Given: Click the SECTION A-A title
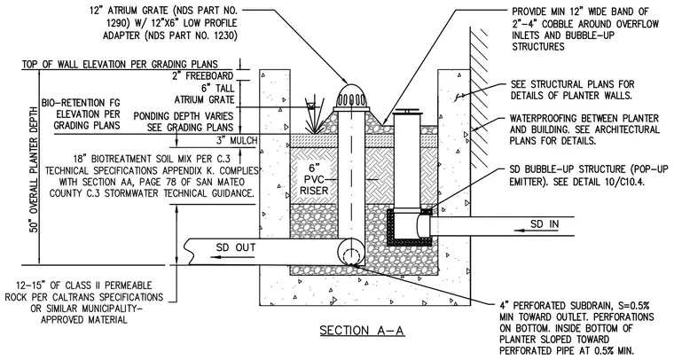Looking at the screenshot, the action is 363,331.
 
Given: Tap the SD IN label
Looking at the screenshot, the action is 545,223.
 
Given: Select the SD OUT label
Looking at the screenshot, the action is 236,247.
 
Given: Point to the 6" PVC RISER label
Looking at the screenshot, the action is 314,180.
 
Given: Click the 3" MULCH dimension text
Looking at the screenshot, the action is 237,140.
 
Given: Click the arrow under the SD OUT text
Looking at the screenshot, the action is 229,257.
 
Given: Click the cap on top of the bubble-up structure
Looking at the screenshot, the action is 407,110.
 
